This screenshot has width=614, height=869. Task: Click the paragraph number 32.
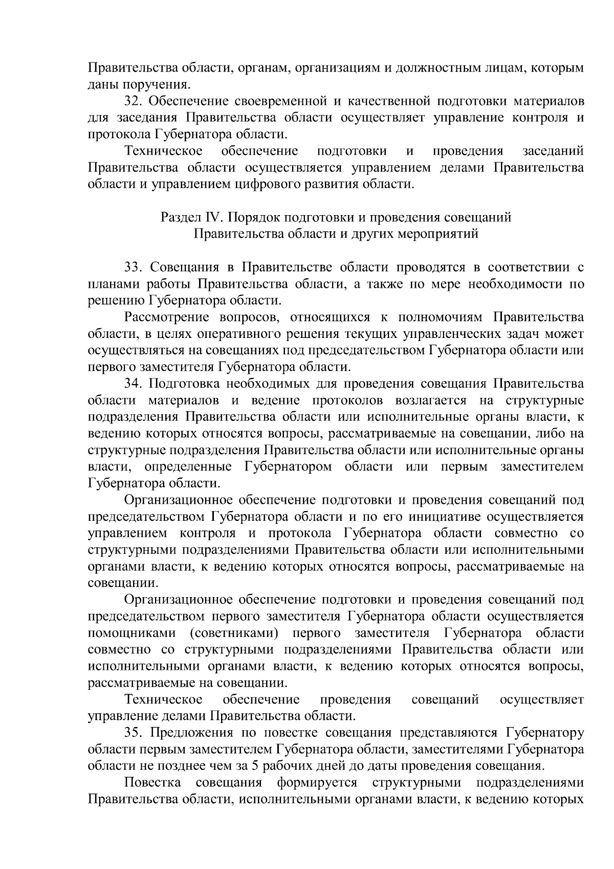[133, 101]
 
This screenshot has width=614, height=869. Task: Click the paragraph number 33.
[133, 267]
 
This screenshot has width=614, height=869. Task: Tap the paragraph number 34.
[133, 384]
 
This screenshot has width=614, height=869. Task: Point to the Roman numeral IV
[212, 218]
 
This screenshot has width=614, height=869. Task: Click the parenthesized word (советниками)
[234, 633]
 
